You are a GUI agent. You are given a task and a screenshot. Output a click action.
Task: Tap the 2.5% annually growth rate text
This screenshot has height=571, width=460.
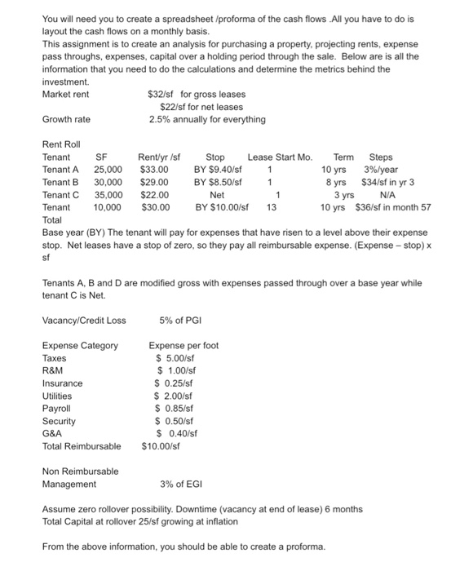click(207, 119)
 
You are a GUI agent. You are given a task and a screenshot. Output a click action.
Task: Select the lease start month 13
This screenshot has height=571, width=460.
click(272, 207)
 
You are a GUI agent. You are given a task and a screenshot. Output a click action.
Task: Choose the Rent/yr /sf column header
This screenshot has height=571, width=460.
click(159, 157)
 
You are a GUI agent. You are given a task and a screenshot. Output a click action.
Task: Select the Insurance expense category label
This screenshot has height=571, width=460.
click(62, 383)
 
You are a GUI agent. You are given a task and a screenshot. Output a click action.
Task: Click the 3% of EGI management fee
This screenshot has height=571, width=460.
click(184, 484)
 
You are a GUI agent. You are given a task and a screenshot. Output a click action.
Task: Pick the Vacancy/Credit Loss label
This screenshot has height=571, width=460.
click(84, 320)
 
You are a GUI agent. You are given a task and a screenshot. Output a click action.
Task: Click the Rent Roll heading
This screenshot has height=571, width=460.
click(62, 144)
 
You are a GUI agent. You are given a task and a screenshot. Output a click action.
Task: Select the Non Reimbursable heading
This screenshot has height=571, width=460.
click(80, 471)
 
